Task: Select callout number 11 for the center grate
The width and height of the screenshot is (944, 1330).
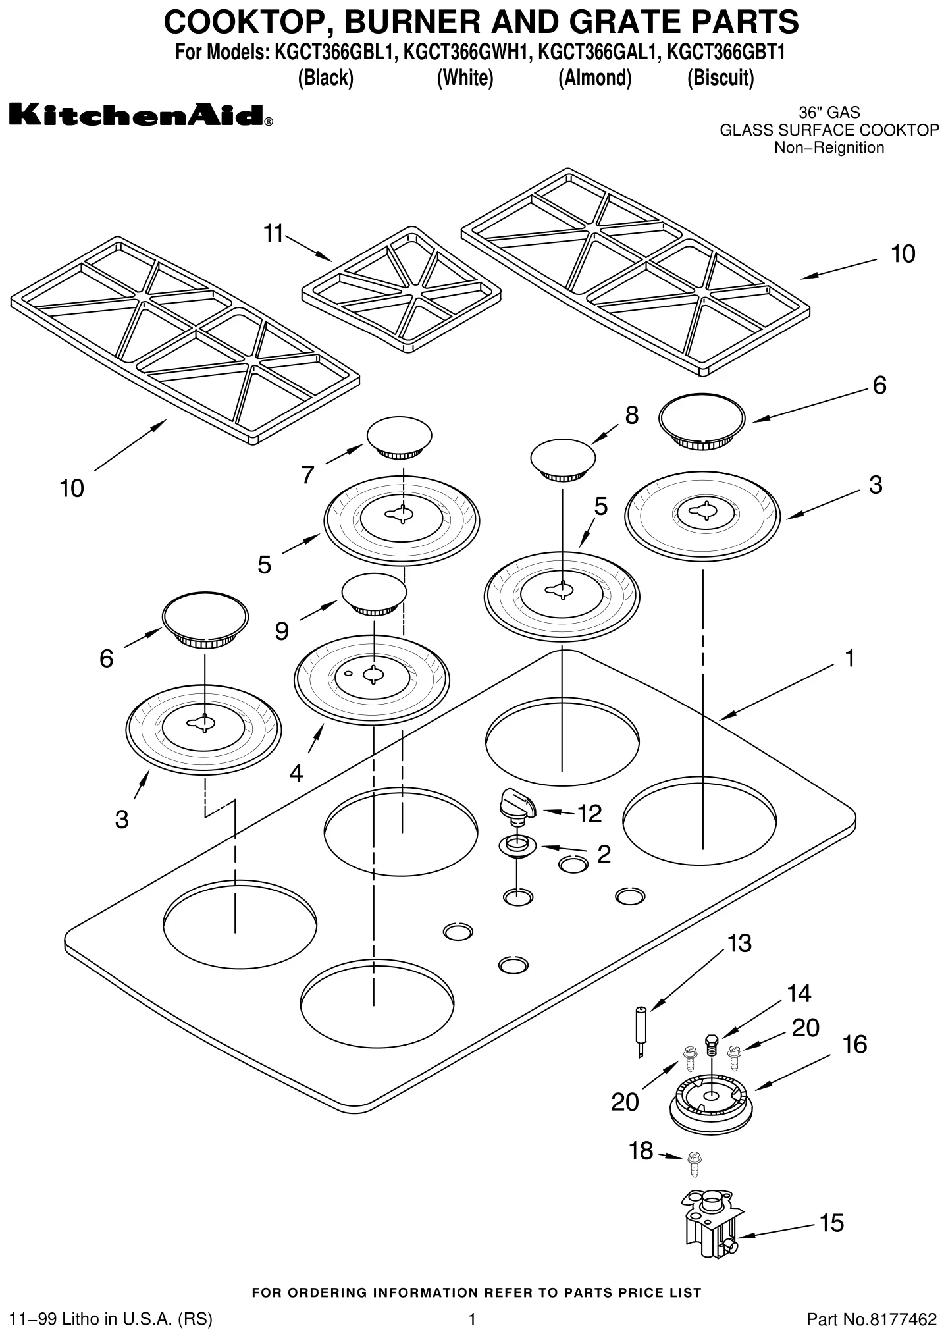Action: point(273,233)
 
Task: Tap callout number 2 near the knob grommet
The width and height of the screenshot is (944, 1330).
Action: point(604,854)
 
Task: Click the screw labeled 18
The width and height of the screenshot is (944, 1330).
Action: point(693,1163)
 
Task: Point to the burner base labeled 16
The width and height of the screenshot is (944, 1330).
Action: point(710,1103)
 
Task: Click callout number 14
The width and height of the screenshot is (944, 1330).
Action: point(799,993)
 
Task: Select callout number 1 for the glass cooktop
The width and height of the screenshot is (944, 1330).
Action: point(849,658)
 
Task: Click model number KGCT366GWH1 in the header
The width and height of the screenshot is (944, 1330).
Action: point(466,52)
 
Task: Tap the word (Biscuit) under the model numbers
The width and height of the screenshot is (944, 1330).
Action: point(720,78)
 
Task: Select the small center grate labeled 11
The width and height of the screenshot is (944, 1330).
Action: point(402,290)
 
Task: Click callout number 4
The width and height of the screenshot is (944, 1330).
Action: point(296,773)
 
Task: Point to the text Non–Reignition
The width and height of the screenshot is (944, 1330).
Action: point(829,147)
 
